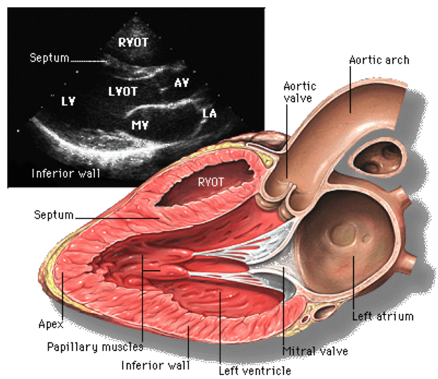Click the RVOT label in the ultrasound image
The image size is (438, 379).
pyautogui.click(x=133, y=42)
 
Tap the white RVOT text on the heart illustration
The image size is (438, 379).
pyautogui.click(x=211, y=182)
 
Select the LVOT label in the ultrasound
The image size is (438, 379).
pyautogui.click(x=123, y=92)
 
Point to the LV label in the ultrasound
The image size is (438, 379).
pyautogui.click(x=68, y=101)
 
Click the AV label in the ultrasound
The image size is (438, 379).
pyautogui.click(x=181, y=82)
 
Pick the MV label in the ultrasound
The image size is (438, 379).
pyautogui.click(x=140, y=125)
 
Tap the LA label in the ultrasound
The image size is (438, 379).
pyautogui.click(x=210, y=114)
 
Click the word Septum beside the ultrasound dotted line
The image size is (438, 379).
pyautogui.click(x=49, y=58)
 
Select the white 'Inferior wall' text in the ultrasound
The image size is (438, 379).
pyautogui.click(x=66, y=173)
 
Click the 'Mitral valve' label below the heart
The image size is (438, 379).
pyautogui.click(x=315, y=351)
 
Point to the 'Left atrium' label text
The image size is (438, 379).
pyautogui.click(x=382, y=316)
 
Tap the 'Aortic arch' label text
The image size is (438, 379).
pyautogui.click(x=379, y=59)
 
